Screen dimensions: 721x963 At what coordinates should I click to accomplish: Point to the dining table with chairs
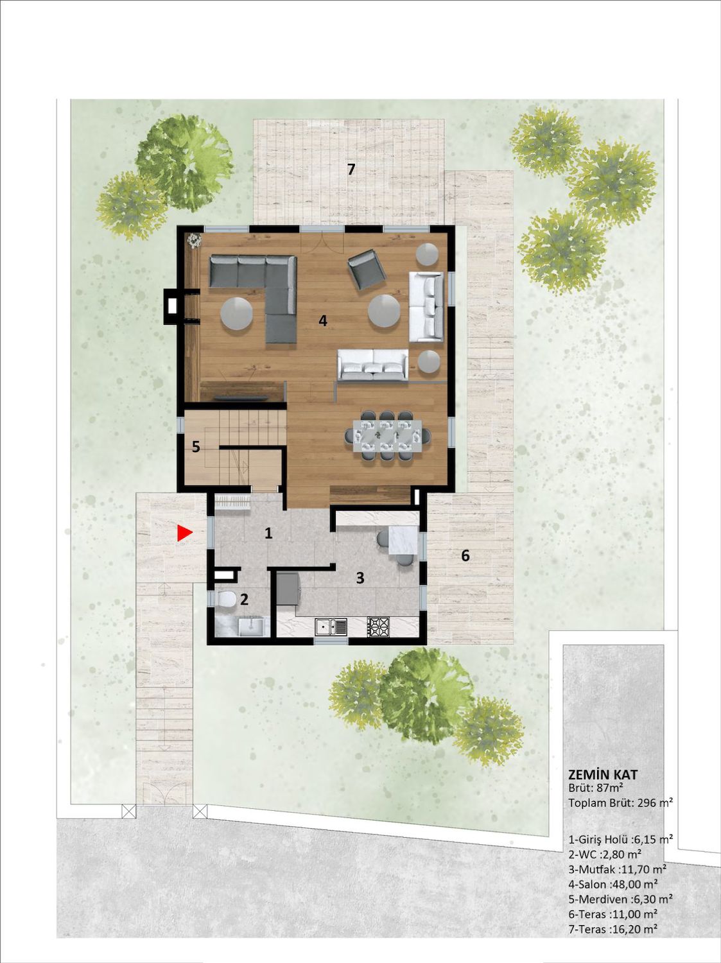(387, 435)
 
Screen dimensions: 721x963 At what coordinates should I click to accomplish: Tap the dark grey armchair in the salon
(367, 269)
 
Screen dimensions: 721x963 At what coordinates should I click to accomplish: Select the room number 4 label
(323, 321)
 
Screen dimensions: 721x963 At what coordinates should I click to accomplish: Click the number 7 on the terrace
(351, 169)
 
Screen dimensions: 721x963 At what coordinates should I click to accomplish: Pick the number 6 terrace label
(465, 556)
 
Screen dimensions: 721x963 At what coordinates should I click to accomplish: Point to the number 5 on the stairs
(196, 447)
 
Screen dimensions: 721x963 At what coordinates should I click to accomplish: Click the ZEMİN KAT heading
(603, 774)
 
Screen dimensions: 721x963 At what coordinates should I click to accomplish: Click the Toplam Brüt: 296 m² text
(621, 803)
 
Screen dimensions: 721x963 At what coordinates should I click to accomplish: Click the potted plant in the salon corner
(193, 240)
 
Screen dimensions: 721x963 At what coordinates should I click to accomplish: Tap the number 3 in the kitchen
(360, 578)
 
